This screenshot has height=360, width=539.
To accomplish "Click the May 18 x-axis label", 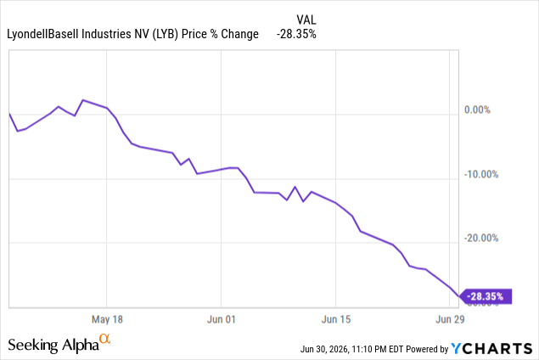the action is pos(107,319).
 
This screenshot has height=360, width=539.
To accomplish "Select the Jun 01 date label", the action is pos(221,319).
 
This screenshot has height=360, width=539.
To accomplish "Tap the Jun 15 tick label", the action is pos(336,319).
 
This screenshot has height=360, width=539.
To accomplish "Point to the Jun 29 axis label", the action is pos(450,319).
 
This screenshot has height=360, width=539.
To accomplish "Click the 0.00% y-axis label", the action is pos(478,110).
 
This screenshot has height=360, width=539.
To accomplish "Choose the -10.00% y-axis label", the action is pos(481,174).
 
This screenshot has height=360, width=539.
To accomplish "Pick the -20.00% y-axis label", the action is pos(481,238).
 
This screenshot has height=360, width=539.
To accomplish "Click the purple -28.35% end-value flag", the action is pos(486,296).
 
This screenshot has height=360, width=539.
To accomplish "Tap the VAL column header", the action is pos(306,20).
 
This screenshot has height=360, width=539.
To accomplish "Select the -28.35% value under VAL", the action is pos(296,34).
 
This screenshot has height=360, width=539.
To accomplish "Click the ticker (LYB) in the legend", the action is pos(166,34).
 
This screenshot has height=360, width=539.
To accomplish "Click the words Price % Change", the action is pos(220,34).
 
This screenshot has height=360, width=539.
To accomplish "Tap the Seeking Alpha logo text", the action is pos(53,345).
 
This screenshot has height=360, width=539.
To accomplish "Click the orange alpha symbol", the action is pos(105,339).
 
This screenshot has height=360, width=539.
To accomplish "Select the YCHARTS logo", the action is pos(491,349).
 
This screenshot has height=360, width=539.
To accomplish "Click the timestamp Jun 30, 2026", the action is pos(325,349).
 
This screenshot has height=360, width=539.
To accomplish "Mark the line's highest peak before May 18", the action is pos(83,100).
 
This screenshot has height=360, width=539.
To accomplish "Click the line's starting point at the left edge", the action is pos(9,113).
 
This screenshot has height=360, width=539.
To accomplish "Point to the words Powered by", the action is pos(427,349).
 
